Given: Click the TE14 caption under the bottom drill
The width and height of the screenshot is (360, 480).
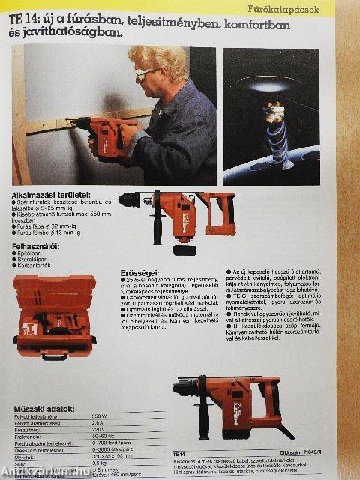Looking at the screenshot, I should pyautogui.click(x=179, y=454).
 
